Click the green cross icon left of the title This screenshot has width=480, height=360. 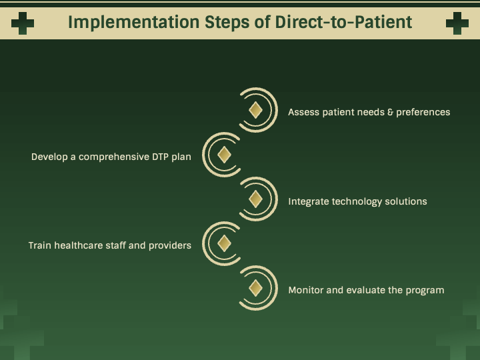(23, 23)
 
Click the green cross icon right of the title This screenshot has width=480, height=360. (457, 23)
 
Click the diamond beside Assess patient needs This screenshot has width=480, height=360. (255, 110)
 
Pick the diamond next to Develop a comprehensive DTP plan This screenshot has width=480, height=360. (225, 155)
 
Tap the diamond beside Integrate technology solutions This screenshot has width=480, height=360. (255, 199)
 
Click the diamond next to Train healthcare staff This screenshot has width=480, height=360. (225, 243)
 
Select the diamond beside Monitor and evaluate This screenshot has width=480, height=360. (255, 288)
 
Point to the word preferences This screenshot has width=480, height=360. (423, 112)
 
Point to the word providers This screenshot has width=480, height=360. (170, 245)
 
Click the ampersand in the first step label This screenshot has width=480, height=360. (390, 112)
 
